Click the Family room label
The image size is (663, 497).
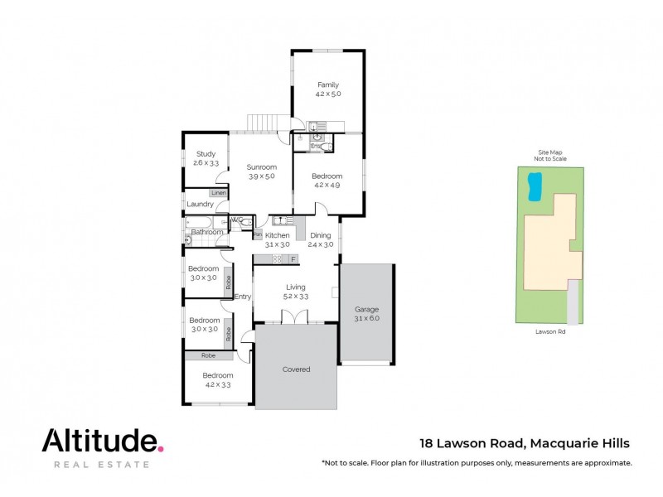pos(328,84)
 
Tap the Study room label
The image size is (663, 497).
pos(206,154)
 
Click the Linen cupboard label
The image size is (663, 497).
pos(219,193)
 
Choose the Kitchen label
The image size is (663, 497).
pos(277,236)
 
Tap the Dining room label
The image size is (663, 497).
pos(320,236)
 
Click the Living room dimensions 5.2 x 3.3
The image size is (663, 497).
pos(295,296)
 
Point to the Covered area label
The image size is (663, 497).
pos(296,369)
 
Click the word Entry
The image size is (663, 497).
pos(243,297)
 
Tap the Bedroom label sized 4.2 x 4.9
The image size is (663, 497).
pos(327,176)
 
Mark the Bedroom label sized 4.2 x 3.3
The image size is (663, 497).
pos(219,375)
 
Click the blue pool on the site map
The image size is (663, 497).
pos(535,186)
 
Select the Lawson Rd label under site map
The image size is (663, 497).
pos(550,333)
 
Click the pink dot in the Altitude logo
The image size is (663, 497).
pos(160,448)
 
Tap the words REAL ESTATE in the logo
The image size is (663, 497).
pos(101,465)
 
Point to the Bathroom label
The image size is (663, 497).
pos(207,232)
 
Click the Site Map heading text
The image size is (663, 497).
pos(549,153)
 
